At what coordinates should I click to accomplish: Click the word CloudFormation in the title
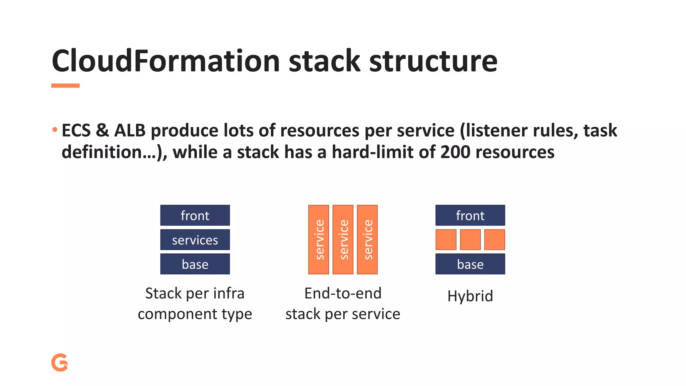click(165, 61)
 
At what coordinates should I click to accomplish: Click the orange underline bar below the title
click(65, 86)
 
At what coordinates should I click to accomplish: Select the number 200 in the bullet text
click(455, 152)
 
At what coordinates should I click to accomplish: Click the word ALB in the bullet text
click(130, 130)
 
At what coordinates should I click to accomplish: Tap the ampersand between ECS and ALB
click(102, 130)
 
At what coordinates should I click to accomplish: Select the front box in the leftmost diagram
click(195, 215)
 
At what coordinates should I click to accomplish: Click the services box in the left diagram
click(195, 240)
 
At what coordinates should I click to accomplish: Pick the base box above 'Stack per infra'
click(195, 264)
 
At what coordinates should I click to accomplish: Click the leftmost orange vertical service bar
click(319, 240)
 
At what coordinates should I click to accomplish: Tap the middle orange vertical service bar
click(343, 240)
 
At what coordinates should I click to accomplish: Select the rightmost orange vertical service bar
click(367, 240)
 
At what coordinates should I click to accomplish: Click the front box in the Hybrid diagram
click(470, 215)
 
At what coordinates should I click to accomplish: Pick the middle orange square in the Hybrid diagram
click(470, 240)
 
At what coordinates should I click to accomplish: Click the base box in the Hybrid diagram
click(470, 264)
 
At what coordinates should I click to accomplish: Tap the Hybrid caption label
click(470, 296)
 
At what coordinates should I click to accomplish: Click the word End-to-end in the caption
click(343, 294)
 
